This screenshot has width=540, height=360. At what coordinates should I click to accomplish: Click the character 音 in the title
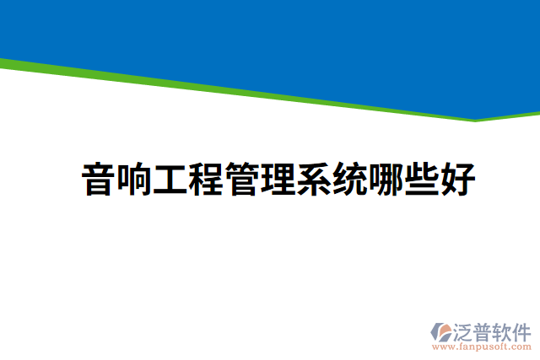tap(99, 180)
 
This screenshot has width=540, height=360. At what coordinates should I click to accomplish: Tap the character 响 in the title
tap(134, 180)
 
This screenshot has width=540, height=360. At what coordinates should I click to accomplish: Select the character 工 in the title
tap(170, 180)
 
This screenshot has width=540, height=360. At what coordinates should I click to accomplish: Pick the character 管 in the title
tap(241, 180)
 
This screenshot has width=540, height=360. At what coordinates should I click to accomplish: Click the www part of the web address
tap(441, 347)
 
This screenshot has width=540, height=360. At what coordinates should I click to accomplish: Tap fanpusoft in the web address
tap(482, 347)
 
